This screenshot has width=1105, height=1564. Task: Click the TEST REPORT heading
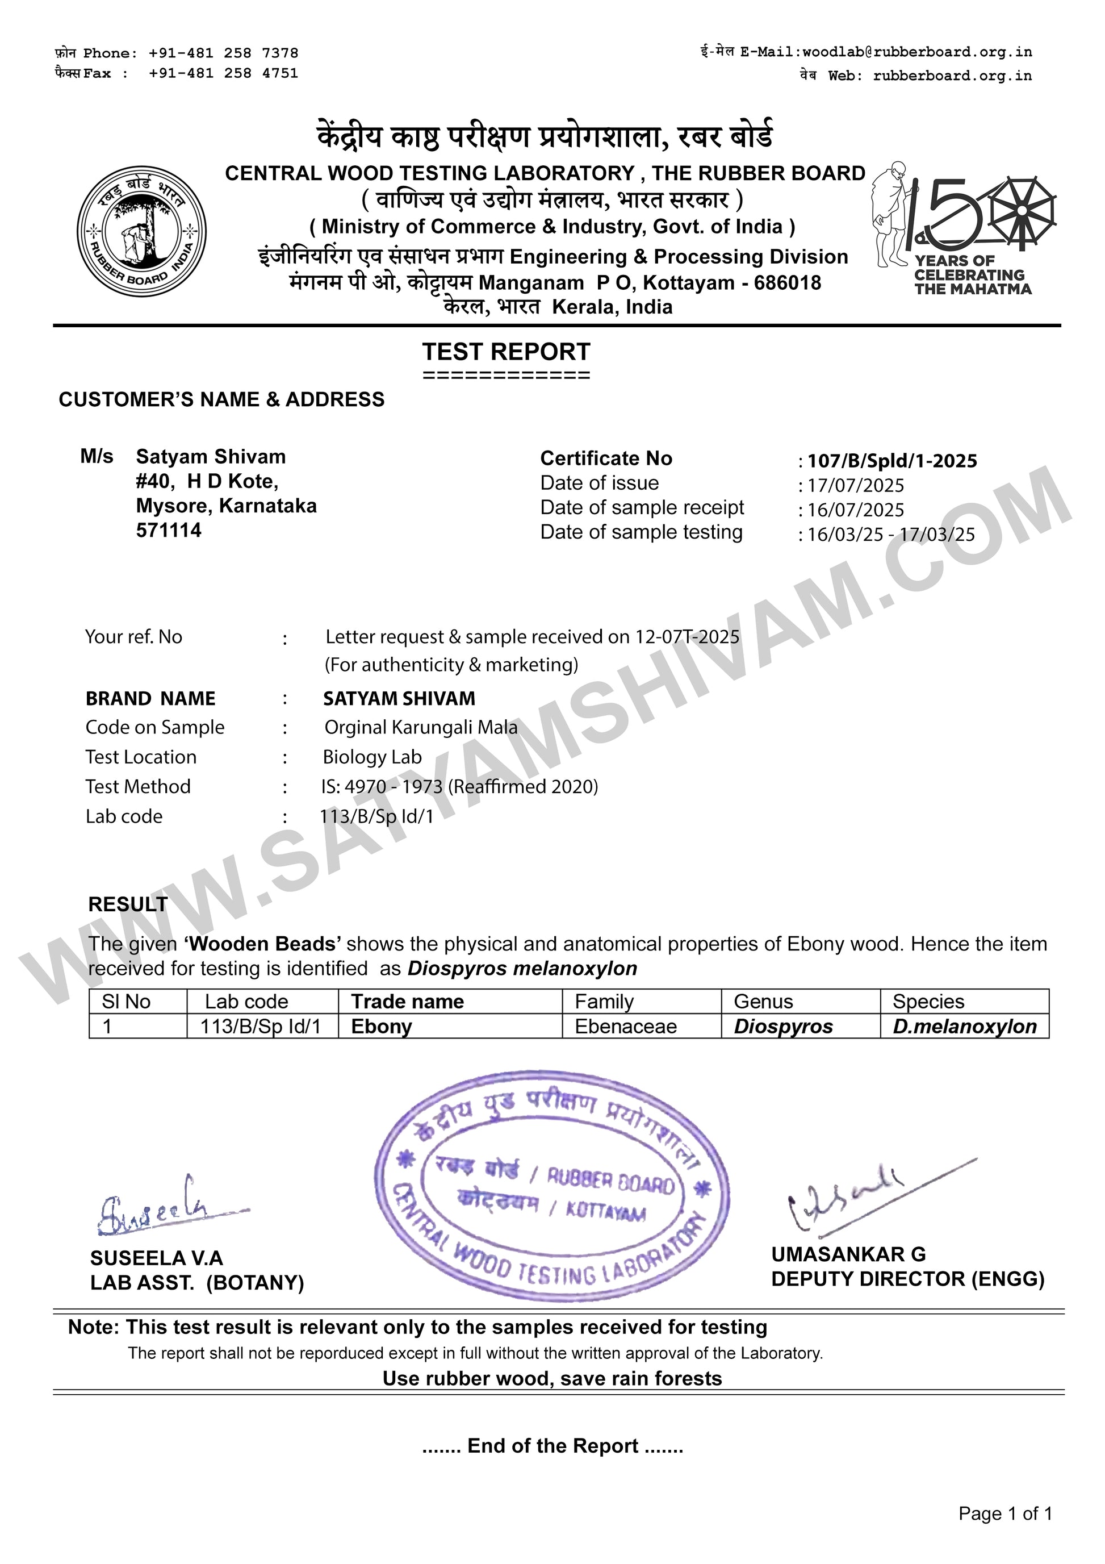(506, 352)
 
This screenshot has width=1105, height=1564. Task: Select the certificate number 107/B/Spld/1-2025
(892, 461)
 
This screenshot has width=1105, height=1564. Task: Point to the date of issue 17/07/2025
(855, 486)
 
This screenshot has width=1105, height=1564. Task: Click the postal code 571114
(169, 531)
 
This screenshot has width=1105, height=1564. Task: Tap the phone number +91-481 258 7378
(223, 53)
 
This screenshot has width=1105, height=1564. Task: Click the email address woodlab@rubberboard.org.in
(917, 52)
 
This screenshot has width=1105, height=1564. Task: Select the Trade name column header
(407, 1002)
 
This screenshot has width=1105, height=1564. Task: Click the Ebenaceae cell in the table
(626, 1027)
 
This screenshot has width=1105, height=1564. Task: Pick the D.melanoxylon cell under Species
(964, 1027)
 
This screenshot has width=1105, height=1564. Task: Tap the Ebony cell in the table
(381, 1027)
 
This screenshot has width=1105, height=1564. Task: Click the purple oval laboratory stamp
(551, 1185)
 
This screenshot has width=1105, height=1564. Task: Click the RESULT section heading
(128, 904)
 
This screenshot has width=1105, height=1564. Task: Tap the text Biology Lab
(372, 757)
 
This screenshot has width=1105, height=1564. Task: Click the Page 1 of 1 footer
(1005, 1513)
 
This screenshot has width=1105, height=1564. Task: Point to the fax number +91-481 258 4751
(223, 73)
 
